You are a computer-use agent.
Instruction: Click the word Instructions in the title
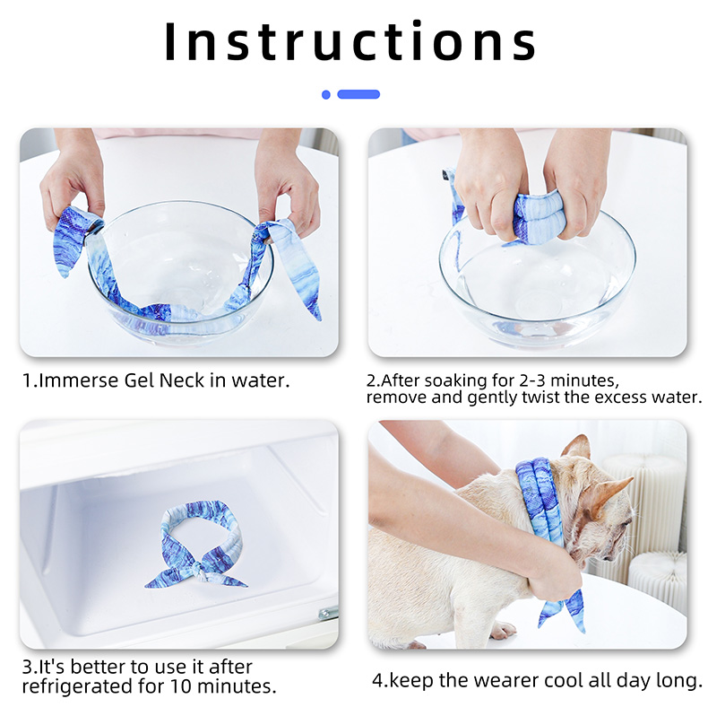pos(350,41)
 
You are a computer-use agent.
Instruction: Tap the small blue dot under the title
pos(325,94)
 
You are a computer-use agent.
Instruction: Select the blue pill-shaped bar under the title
pos(358,94)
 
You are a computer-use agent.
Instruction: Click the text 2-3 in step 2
pos(532,380)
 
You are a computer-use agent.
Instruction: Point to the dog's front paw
pos(502,631)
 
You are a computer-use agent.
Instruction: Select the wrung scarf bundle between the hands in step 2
pos(537,216)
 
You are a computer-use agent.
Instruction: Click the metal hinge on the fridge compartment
pos(328,613)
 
